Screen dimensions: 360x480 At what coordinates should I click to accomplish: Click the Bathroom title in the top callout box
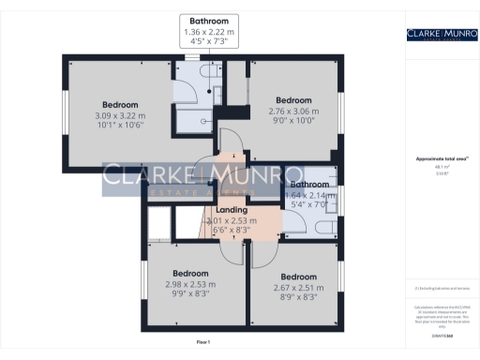(209, 21)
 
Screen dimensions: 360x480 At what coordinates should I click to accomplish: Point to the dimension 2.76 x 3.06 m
(292, 110)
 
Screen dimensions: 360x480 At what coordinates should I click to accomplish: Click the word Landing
(232, 210)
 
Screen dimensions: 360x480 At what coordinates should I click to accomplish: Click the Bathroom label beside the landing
(308, 186)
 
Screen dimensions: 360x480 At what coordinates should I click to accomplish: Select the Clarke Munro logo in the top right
(441, 36)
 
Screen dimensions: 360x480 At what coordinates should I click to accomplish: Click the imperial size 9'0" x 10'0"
(292, 120)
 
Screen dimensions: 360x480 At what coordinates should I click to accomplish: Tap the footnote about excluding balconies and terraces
(441, 289)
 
